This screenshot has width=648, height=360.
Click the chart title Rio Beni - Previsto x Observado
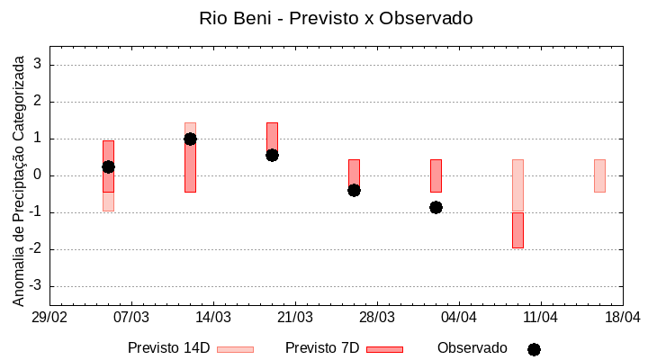[x=336, y=18]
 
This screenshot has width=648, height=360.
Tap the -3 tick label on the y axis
[x=37, y=286]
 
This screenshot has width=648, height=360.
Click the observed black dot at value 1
[x=190, y=139]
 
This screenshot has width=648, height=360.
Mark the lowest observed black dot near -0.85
[x=436, y=207]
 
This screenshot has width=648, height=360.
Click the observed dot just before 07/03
[x=108, y=166]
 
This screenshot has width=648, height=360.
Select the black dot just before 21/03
[x=272, y=155]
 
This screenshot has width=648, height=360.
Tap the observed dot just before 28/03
[x=354, y=190]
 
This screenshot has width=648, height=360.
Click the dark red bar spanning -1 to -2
[x=517, y=230]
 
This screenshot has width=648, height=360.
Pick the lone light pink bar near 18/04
[x=599, y=175]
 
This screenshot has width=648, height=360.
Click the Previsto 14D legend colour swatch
[x=235, y=349]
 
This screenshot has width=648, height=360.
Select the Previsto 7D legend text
[x=322, y=348]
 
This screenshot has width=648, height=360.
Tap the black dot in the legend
[x=534, y=349]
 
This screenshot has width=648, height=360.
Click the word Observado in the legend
[x=472, y=348]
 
